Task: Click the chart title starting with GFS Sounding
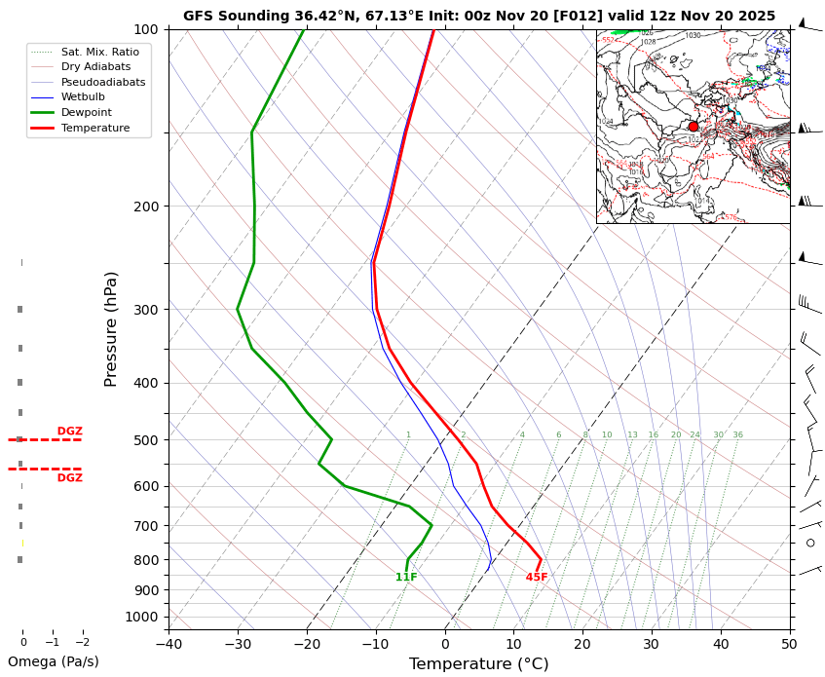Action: (x=479, y=16)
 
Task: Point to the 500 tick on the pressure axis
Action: (x=145, y=440)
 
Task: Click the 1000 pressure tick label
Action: (x=141, y=617)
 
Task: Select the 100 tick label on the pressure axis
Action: (x=145, y=29)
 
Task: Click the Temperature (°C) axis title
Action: (x=478, y=664)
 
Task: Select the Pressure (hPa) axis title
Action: (x=111, y=328)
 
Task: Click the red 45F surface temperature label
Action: (x=537, y=578)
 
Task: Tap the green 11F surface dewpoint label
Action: (x=406, y=578)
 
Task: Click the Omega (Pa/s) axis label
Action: (x=54, y=662)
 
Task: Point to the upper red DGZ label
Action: (x=69, y=432)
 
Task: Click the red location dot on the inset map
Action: (x=694, y=127)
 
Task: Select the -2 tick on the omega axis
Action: (x=83, y=643)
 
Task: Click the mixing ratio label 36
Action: (x=737, y=435)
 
